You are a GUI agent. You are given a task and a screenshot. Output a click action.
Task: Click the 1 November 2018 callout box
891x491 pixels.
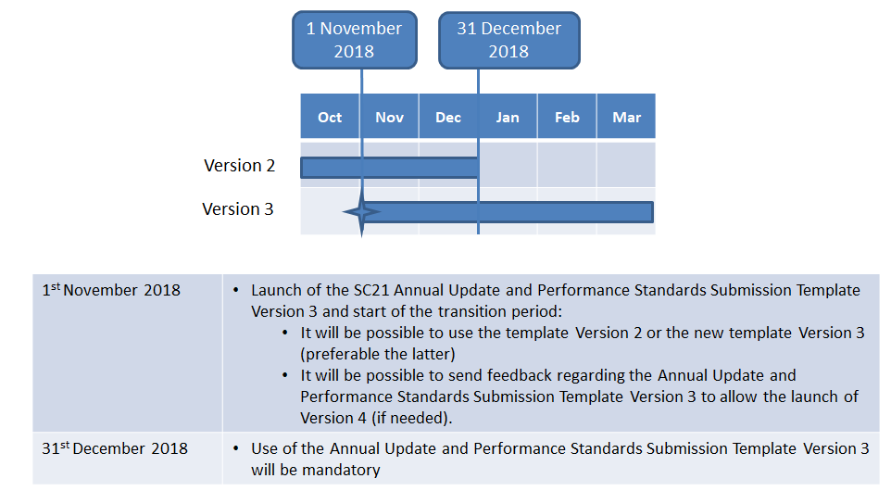tap(355, 40)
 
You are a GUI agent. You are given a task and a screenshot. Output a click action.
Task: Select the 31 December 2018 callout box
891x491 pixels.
tap(509, 41)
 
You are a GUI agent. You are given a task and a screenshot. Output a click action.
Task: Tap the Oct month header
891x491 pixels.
tap(330, 117)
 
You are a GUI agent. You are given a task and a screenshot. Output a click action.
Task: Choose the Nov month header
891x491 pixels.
tap(389, 117)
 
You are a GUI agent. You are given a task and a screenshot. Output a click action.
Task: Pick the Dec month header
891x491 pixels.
tap(448, 117)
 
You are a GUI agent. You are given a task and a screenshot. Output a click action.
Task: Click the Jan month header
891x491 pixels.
tap(508, 117)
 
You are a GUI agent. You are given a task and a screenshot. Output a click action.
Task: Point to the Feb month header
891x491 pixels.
tap(567, 117)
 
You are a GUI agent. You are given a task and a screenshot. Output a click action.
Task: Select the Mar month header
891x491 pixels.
tap(626, 117)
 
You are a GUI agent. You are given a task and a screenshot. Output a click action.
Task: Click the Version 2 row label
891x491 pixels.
tap(239, 166)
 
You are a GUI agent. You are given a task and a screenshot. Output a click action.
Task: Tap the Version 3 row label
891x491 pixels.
tap(237, 209)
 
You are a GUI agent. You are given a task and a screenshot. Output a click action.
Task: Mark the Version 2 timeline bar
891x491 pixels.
tap(389, 168)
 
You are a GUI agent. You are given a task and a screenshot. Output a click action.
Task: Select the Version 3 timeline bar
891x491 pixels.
tap(508, 212)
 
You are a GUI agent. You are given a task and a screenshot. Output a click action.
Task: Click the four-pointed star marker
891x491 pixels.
tap(362, 212)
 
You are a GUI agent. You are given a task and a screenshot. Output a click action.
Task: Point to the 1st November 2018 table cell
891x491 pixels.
tap(127, 353)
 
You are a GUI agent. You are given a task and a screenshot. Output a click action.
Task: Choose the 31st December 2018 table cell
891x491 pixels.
tap(127, 458)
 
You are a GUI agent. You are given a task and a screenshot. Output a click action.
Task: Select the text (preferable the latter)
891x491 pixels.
tap(378, 354)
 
